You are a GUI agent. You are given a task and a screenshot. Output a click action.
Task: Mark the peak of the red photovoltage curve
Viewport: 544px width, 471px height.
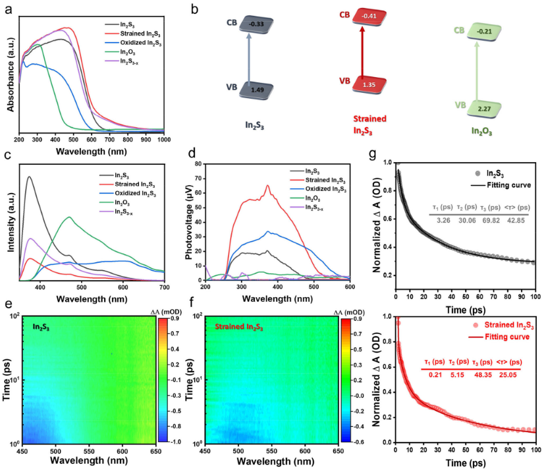[268, 186]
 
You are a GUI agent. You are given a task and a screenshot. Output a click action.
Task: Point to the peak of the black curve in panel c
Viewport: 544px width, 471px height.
[29, 177]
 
